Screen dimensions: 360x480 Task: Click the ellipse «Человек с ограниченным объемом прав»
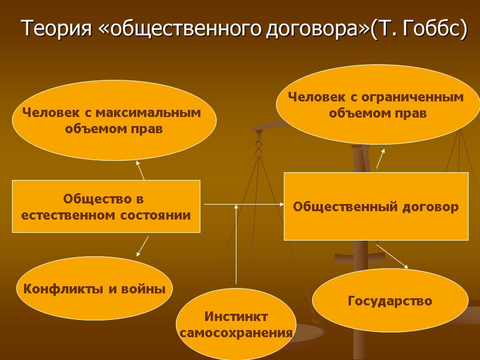point(377,104)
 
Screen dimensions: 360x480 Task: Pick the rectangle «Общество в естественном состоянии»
point(106,206)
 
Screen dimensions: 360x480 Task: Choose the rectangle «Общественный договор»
point(376,206)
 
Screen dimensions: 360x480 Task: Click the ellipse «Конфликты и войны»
point(94,289)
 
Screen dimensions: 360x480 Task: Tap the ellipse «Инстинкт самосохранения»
point(236,325)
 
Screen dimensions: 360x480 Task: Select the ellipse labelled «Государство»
point(390,301)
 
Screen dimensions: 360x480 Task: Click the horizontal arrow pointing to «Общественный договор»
point(243,205)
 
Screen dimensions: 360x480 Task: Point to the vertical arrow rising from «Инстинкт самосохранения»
point(236,246)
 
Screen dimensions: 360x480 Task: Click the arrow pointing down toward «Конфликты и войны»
point(143,246)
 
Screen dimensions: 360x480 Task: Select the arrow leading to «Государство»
point(393,256)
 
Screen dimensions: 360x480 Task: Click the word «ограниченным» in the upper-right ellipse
point(419,97)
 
